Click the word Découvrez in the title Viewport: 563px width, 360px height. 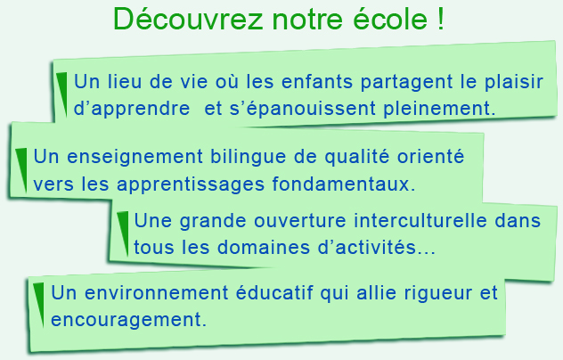click(x=188, y=19)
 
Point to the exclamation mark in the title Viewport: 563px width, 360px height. click(x=441, y=19)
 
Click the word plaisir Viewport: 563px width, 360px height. click(x=513, y=83)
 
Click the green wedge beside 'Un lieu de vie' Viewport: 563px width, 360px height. click(x=62, y=94)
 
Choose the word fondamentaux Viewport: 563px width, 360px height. click(x=343, y=184)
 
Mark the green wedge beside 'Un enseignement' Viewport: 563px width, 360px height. click(x=22, y=170)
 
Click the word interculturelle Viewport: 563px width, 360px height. click(x=420, y=220)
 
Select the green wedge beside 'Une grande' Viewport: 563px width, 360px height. click(x=124, y=233)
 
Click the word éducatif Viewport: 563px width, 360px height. click(x=274, y=292)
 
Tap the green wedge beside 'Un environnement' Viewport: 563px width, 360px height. click(x=39, y=305)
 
